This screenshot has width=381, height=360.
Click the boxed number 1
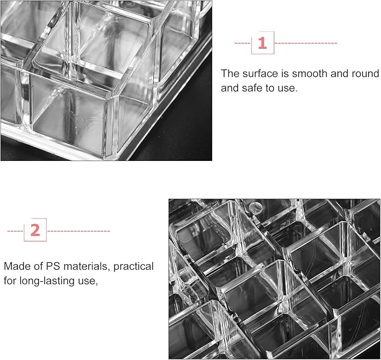(262, 43)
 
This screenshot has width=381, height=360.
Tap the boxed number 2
(35, 230)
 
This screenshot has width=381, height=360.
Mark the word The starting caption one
(229, 73)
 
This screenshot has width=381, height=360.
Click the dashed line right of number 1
(305, 43)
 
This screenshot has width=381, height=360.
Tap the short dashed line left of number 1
(242, 43)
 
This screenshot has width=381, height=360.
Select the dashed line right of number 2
(78, 230)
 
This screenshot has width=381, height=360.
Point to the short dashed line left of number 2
(15, 230)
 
